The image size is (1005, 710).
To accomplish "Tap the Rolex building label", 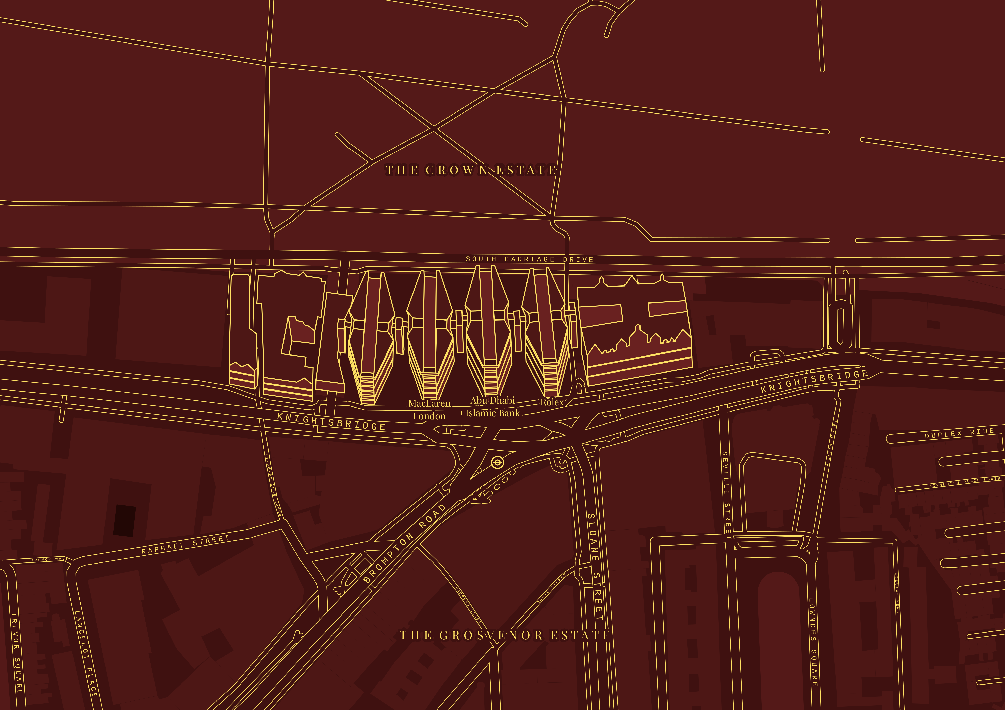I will coord(552,402).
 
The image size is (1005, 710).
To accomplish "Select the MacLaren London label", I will coord(429,410).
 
